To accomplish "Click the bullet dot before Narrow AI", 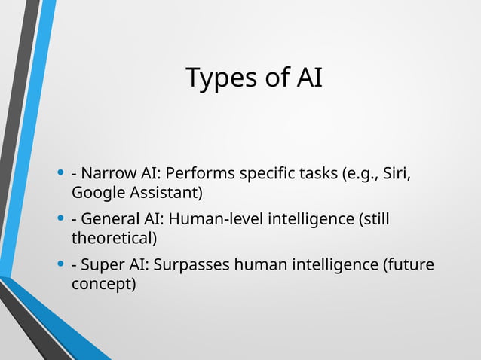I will click(60, 174).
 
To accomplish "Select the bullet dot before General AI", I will click(60, 220).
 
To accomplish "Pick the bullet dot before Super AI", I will click(60, 265).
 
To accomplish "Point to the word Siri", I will click(397, 174).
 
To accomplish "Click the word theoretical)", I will click(114, 239).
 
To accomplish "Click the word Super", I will click(103, 265).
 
